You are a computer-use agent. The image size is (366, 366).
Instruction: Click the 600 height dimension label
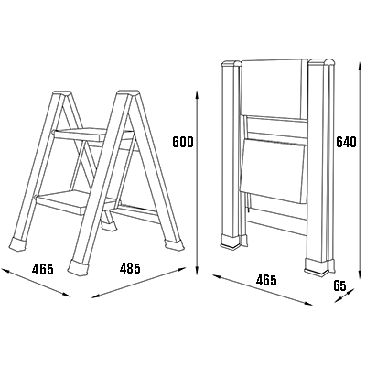point(183,142)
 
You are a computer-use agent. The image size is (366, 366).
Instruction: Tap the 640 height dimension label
point(346,142)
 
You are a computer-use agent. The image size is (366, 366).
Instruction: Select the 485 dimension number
point(130,268)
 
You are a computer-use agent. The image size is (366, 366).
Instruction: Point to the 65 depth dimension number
point(339,285)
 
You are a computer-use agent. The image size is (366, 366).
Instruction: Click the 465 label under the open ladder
point(43,269)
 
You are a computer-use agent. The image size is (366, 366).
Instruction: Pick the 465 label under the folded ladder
point(266,280)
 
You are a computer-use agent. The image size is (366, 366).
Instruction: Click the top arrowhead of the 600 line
point(197,94)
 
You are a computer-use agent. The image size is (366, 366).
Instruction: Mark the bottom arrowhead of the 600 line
point(197,271)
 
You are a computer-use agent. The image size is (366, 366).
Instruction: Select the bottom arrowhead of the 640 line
point(361,274)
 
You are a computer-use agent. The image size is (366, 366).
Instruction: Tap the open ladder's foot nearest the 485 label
point(79,268)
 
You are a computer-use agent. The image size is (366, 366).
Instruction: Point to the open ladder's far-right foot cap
point(175,244)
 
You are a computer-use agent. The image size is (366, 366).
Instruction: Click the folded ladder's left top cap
point(231,64)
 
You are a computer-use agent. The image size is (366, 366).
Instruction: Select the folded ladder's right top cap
point(322,62)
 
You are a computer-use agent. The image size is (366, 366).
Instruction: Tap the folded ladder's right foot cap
point(319,266)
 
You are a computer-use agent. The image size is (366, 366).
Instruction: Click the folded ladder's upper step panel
point(274,89)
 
